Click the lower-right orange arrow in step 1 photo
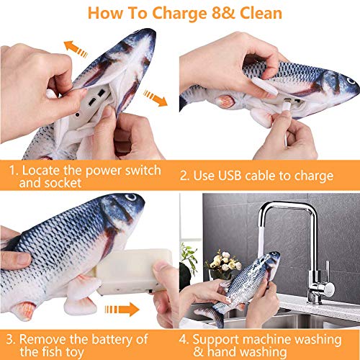point(155,97)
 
